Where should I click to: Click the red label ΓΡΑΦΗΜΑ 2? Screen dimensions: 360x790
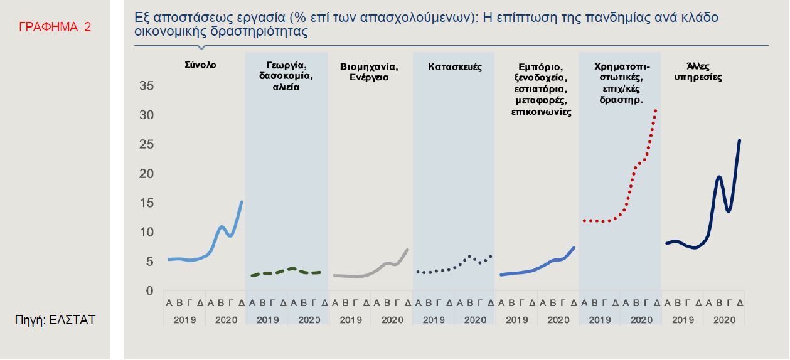[55, 27]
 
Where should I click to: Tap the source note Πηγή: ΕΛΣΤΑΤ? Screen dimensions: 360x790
[55, 320]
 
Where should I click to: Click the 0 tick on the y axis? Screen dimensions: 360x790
[149, 291]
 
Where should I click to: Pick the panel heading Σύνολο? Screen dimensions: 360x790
[201, 65]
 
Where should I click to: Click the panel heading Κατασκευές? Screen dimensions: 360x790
[455, 66]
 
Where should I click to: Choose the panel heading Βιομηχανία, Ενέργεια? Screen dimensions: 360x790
[369, 72]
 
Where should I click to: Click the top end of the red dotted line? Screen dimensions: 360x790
[656, 110]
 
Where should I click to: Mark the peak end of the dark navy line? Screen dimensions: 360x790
[740, 140]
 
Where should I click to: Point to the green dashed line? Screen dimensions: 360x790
[286, 271]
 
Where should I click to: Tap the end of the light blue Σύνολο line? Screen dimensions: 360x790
[242, 201]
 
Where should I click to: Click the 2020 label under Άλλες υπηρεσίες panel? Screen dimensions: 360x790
[723, 319]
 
